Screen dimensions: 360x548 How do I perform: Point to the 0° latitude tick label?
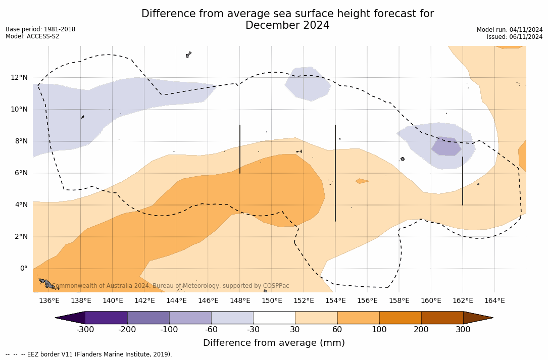[x=24, y=269]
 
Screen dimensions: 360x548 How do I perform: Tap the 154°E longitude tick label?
[x=335, y=301]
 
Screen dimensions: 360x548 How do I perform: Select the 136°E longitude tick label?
[x=49, y=301]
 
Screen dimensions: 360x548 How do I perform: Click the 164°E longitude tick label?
[x=494, y=301]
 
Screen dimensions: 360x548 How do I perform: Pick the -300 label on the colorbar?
[x=85, y=330]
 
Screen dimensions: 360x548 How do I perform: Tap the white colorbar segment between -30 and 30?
[x=274, y=318]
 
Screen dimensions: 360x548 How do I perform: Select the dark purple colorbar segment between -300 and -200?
[x=106, y=318]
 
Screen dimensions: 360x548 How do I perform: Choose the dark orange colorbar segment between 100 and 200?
[x=400, y=318]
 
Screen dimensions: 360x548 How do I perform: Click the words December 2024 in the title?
[x=287, y=26]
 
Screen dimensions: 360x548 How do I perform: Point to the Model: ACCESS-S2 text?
[x=32, y=36]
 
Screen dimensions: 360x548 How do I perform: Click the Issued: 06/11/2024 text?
[x=515, y=37]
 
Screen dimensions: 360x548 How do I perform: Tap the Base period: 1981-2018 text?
[x=40, y=29]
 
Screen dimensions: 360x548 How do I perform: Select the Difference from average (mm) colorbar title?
[x=274, y=343]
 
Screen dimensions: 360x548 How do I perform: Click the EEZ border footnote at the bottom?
[x=89, y=354]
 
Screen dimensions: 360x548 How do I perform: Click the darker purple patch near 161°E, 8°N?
[x=446, y=146]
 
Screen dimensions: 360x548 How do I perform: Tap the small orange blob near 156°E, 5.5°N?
[x=362, y=181]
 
